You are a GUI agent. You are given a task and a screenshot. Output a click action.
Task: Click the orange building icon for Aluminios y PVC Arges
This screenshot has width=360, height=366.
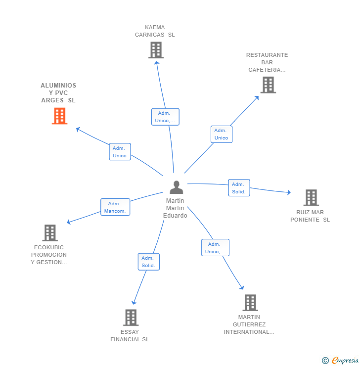[x=59, y=116]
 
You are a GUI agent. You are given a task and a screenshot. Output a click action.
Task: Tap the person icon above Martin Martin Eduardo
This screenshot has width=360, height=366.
[x=176, y=187]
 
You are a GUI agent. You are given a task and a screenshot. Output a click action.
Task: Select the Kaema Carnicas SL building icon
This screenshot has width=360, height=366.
[x=156, y=50]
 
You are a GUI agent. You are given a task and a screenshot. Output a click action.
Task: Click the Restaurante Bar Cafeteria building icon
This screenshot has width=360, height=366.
[x=268, y=85]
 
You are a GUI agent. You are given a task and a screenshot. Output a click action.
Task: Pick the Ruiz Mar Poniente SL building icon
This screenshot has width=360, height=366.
[x=311, y=198]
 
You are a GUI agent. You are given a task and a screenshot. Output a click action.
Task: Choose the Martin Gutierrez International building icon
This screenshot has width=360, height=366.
[x=250, y=303]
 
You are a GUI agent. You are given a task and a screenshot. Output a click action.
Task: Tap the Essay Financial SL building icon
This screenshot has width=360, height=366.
[x=131, y=318]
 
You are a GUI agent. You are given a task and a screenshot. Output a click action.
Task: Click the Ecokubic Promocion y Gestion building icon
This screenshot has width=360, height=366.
[x=50, y=233]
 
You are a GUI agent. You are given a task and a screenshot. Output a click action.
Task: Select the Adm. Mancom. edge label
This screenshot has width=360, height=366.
[x=115, y=207]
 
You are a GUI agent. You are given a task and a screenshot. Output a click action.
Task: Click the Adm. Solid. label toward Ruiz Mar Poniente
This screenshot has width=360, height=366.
[x=239, y=188]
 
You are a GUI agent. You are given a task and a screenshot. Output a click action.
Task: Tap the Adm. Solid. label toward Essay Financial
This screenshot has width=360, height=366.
[x=148, y=262]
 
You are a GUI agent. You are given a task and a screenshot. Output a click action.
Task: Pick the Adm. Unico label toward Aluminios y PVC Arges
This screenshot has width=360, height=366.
[x=120, y=152]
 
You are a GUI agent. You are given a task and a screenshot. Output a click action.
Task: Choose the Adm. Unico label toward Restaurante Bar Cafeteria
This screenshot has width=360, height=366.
[x=221, y=134]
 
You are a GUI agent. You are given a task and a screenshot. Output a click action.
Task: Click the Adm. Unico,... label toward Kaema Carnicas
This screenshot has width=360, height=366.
[x=165, y=117]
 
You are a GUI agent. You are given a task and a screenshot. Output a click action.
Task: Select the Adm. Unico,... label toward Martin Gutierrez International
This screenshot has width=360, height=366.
[x=215, y=248]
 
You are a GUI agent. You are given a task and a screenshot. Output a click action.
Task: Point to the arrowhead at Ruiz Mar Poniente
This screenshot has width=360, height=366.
[x=289, y=192]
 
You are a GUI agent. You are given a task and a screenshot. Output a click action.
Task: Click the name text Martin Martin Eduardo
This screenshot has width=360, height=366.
[x=176, y=208]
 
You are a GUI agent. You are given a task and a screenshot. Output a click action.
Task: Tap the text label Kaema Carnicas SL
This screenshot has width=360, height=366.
[x=155, y=31]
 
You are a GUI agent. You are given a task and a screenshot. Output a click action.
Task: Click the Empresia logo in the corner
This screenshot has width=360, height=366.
[x=341, y=361]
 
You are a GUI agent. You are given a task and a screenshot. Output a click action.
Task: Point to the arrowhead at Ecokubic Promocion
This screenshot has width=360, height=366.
[x=69, y=222]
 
